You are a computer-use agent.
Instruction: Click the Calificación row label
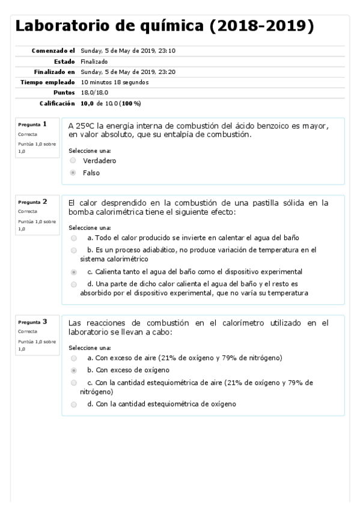point(57,103)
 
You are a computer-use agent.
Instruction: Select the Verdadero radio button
point(73,161)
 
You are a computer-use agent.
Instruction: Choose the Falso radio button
point(73,173)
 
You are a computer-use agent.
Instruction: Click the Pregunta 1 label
point(33,124)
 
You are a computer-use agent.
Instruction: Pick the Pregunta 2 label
point(33,201)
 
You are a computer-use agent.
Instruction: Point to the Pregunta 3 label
point(33,322)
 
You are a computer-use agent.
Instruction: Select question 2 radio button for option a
point(73,238)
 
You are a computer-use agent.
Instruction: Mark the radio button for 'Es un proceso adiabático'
point(73,250)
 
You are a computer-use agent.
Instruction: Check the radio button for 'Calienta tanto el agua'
point(73,272)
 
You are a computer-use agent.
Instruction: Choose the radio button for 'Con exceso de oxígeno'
point(73,370)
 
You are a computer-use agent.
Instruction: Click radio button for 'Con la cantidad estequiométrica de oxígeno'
point(73,404)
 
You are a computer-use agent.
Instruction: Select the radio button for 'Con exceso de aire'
point(73,358)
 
